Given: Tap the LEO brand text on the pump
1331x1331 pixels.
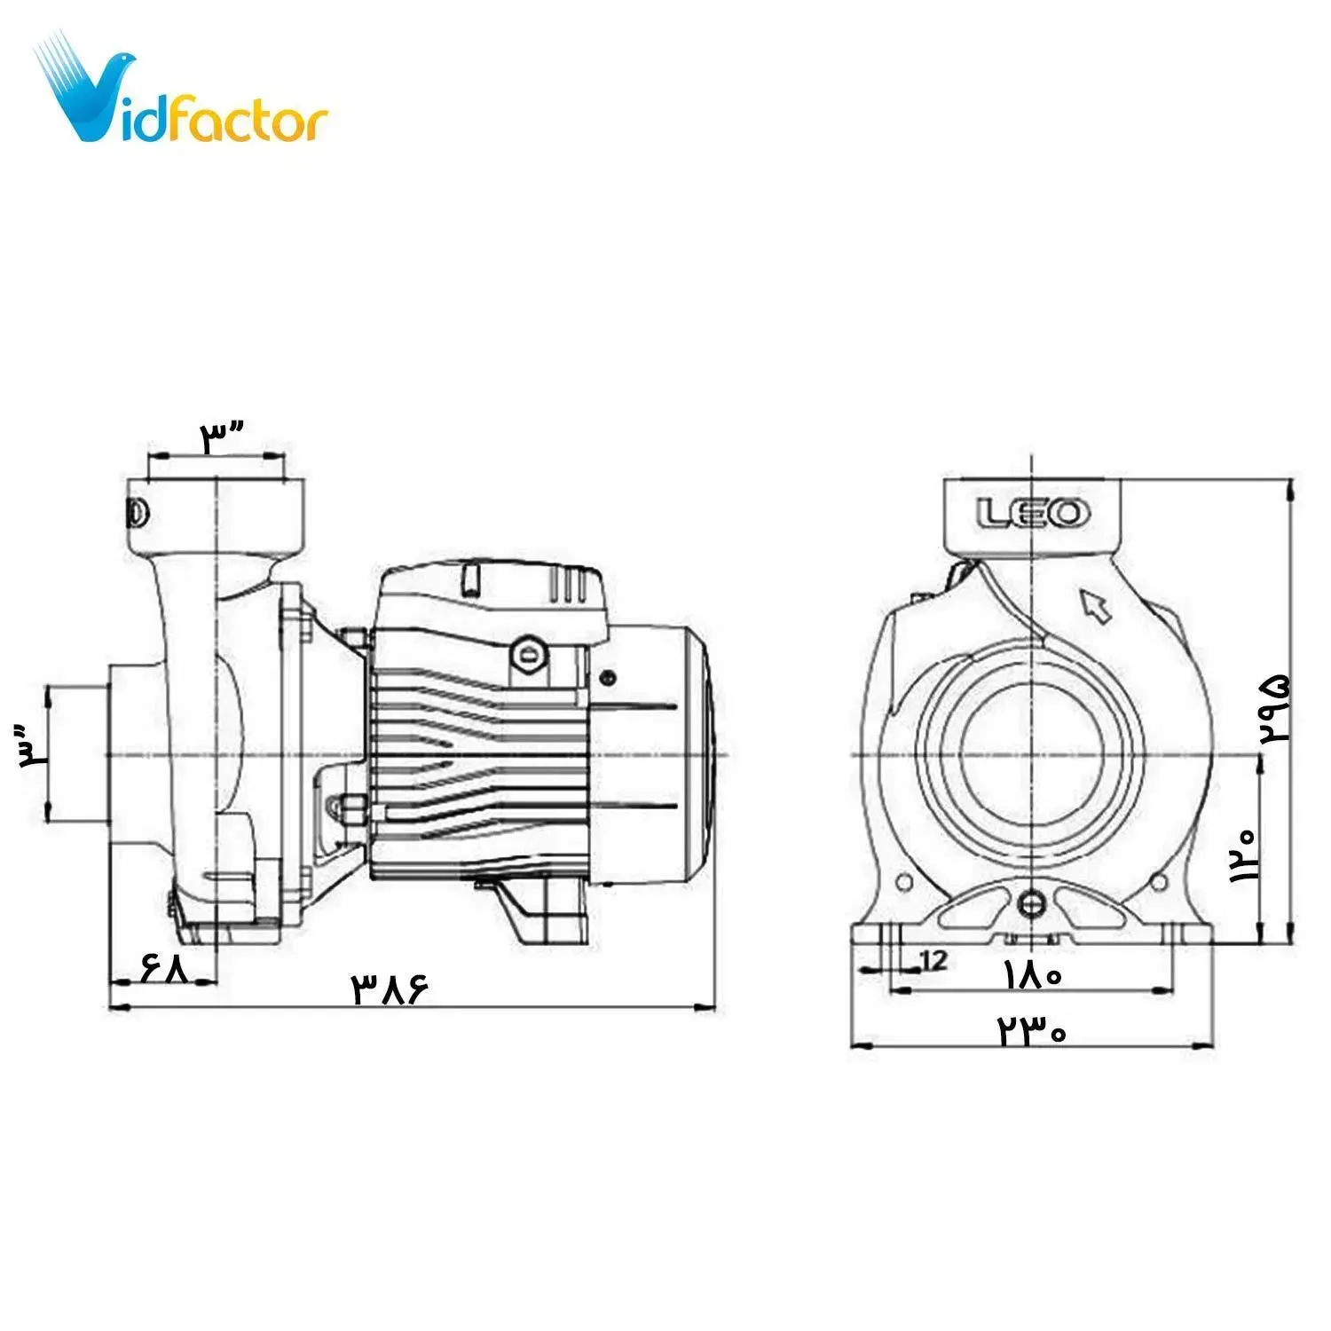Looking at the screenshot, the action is [1033, 513].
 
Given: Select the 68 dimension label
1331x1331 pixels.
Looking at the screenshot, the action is [165, 966].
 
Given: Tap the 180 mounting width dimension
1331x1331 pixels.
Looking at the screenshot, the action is [1033, 975].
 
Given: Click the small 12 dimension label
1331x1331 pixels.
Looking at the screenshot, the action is [934, 959].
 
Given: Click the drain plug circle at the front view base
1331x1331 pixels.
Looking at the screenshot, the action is [1032, 903].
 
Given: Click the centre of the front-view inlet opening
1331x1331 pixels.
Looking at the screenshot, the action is [1032, 754].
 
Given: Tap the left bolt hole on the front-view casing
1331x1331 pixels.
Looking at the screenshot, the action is [905, 881].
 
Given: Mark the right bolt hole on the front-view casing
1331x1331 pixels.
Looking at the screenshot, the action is [1158, 881].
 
